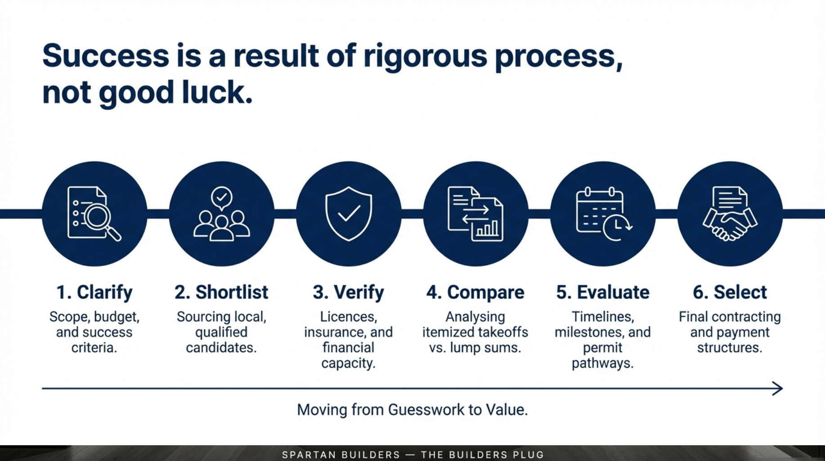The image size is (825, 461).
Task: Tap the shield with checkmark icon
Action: pyautogui.click(x=349, y=214)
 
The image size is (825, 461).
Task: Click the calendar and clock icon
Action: pyautogui.click(x=604, y=214)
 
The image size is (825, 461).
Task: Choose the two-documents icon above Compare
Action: pyautogui.click(x=475, y=214)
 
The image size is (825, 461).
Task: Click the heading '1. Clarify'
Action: pyautogui.click(x=94, y=293)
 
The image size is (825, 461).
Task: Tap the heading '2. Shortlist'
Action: pyautogui.click(x=221, y=292)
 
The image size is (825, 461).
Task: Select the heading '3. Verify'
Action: pyautogui.click(x=349, y=293)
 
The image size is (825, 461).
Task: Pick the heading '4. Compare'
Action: pyautogui.click(x=475, y=293)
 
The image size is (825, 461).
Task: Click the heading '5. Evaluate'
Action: pyautogui.click(x=603, y=292)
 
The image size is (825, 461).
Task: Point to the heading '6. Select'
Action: pyautogui.click(x=730, y=292)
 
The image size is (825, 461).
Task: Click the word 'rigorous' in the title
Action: pyautogui.click(x=425, y=57)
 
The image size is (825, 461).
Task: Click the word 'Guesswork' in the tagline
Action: pyautogui.click(x=426, y=410)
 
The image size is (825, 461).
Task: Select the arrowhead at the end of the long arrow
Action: pyautogui.click(x=778, y=388)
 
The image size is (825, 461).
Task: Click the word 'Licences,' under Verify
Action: pyautogui.click(x=349, y=317)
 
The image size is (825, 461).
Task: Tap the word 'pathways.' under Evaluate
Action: pyautogui.click(x=603, y=363)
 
